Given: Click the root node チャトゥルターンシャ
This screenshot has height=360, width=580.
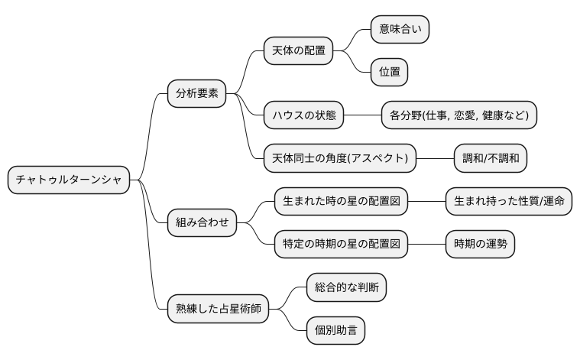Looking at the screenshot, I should point(68,180).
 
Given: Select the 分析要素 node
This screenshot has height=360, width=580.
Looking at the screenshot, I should point(197,94).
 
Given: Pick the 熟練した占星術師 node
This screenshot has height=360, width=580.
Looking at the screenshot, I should point(218,310).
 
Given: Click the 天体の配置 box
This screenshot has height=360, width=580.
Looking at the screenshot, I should point(299,51).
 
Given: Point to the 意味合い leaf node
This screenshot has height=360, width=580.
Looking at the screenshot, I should point(400,29).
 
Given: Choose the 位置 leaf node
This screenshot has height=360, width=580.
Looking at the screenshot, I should point(389,73).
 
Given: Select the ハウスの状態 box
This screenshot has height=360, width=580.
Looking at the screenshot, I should point(303,115).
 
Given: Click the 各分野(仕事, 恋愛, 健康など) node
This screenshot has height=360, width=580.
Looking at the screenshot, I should point(458,115).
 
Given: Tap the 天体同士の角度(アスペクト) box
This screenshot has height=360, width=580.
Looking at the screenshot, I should point(339,159).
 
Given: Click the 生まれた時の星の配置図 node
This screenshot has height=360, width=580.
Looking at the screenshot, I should point(341,202).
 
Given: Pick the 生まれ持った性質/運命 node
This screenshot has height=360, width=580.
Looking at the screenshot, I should point(509,202).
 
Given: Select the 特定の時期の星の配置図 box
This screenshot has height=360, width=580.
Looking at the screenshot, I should point(341,245).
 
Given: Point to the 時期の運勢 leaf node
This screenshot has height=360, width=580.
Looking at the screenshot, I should point(480,245).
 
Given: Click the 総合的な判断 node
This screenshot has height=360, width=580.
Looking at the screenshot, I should point(346,288).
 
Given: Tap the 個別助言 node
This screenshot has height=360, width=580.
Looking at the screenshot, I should point(335,331).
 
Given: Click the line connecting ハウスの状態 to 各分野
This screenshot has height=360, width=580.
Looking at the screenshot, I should point(362,115).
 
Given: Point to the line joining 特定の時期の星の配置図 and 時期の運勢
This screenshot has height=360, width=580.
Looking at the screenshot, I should point(426,245).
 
